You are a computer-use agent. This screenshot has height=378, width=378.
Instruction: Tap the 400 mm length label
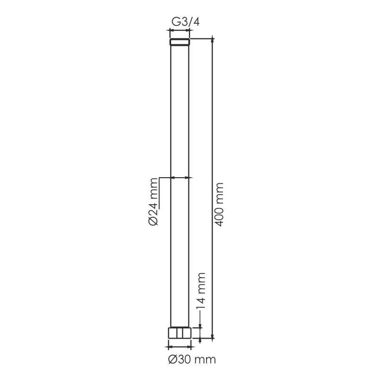(x=219, y=205)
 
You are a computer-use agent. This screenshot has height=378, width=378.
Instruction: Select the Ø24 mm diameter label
(x=153, y=202)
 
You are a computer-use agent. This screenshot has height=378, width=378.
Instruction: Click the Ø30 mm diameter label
(x=192, y=360)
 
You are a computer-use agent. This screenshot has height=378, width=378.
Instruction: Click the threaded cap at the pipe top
(x=180, y=42)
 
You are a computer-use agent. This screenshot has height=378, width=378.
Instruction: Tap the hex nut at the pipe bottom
(x=180, y=333)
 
